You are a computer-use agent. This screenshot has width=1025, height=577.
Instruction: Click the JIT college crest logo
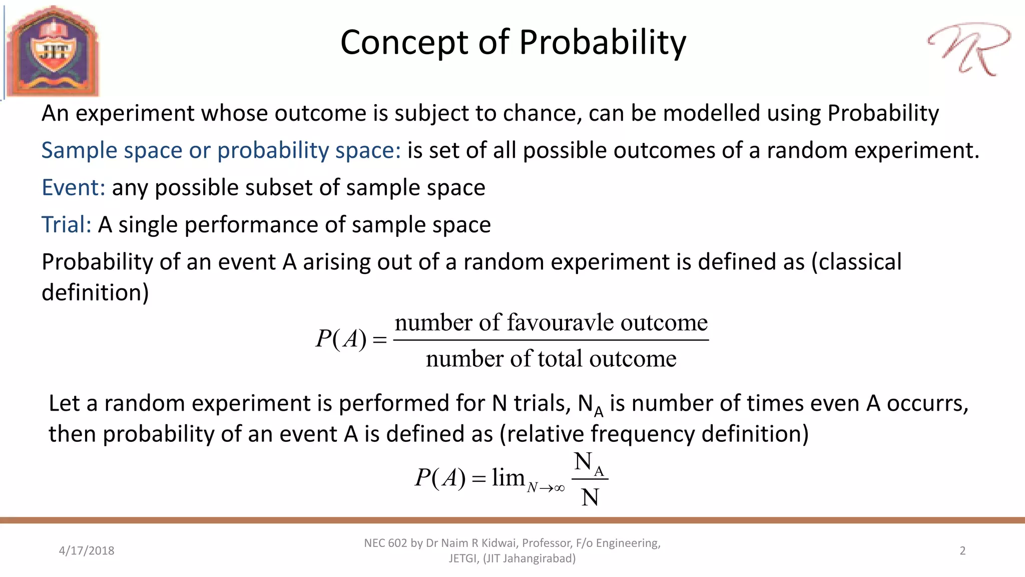(53, 51)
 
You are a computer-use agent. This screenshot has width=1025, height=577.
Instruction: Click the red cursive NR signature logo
(969, 48)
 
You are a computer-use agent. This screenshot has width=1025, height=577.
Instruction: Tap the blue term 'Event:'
(73, 188)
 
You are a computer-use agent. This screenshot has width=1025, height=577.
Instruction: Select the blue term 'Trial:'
(66, 225)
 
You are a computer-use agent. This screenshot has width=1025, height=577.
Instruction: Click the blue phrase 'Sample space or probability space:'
(221, 151)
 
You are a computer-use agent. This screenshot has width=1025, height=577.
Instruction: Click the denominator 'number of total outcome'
(551, 359)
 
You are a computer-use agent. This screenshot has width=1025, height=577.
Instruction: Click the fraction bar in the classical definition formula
(551, 340)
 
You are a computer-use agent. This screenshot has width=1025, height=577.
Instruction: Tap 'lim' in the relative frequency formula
(507, 477)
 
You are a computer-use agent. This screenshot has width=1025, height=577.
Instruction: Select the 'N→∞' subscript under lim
(546, 488)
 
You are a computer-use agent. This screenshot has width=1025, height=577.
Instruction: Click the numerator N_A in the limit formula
(589, 463)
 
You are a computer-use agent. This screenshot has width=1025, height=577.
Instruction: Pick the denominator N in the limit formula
(590, 498)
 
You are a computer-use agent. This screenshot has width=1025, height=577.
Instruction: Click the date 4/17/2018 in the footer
(87, 551)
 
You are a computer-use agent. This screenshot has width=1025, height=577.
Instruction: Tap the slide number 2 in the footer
(962, 551)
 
